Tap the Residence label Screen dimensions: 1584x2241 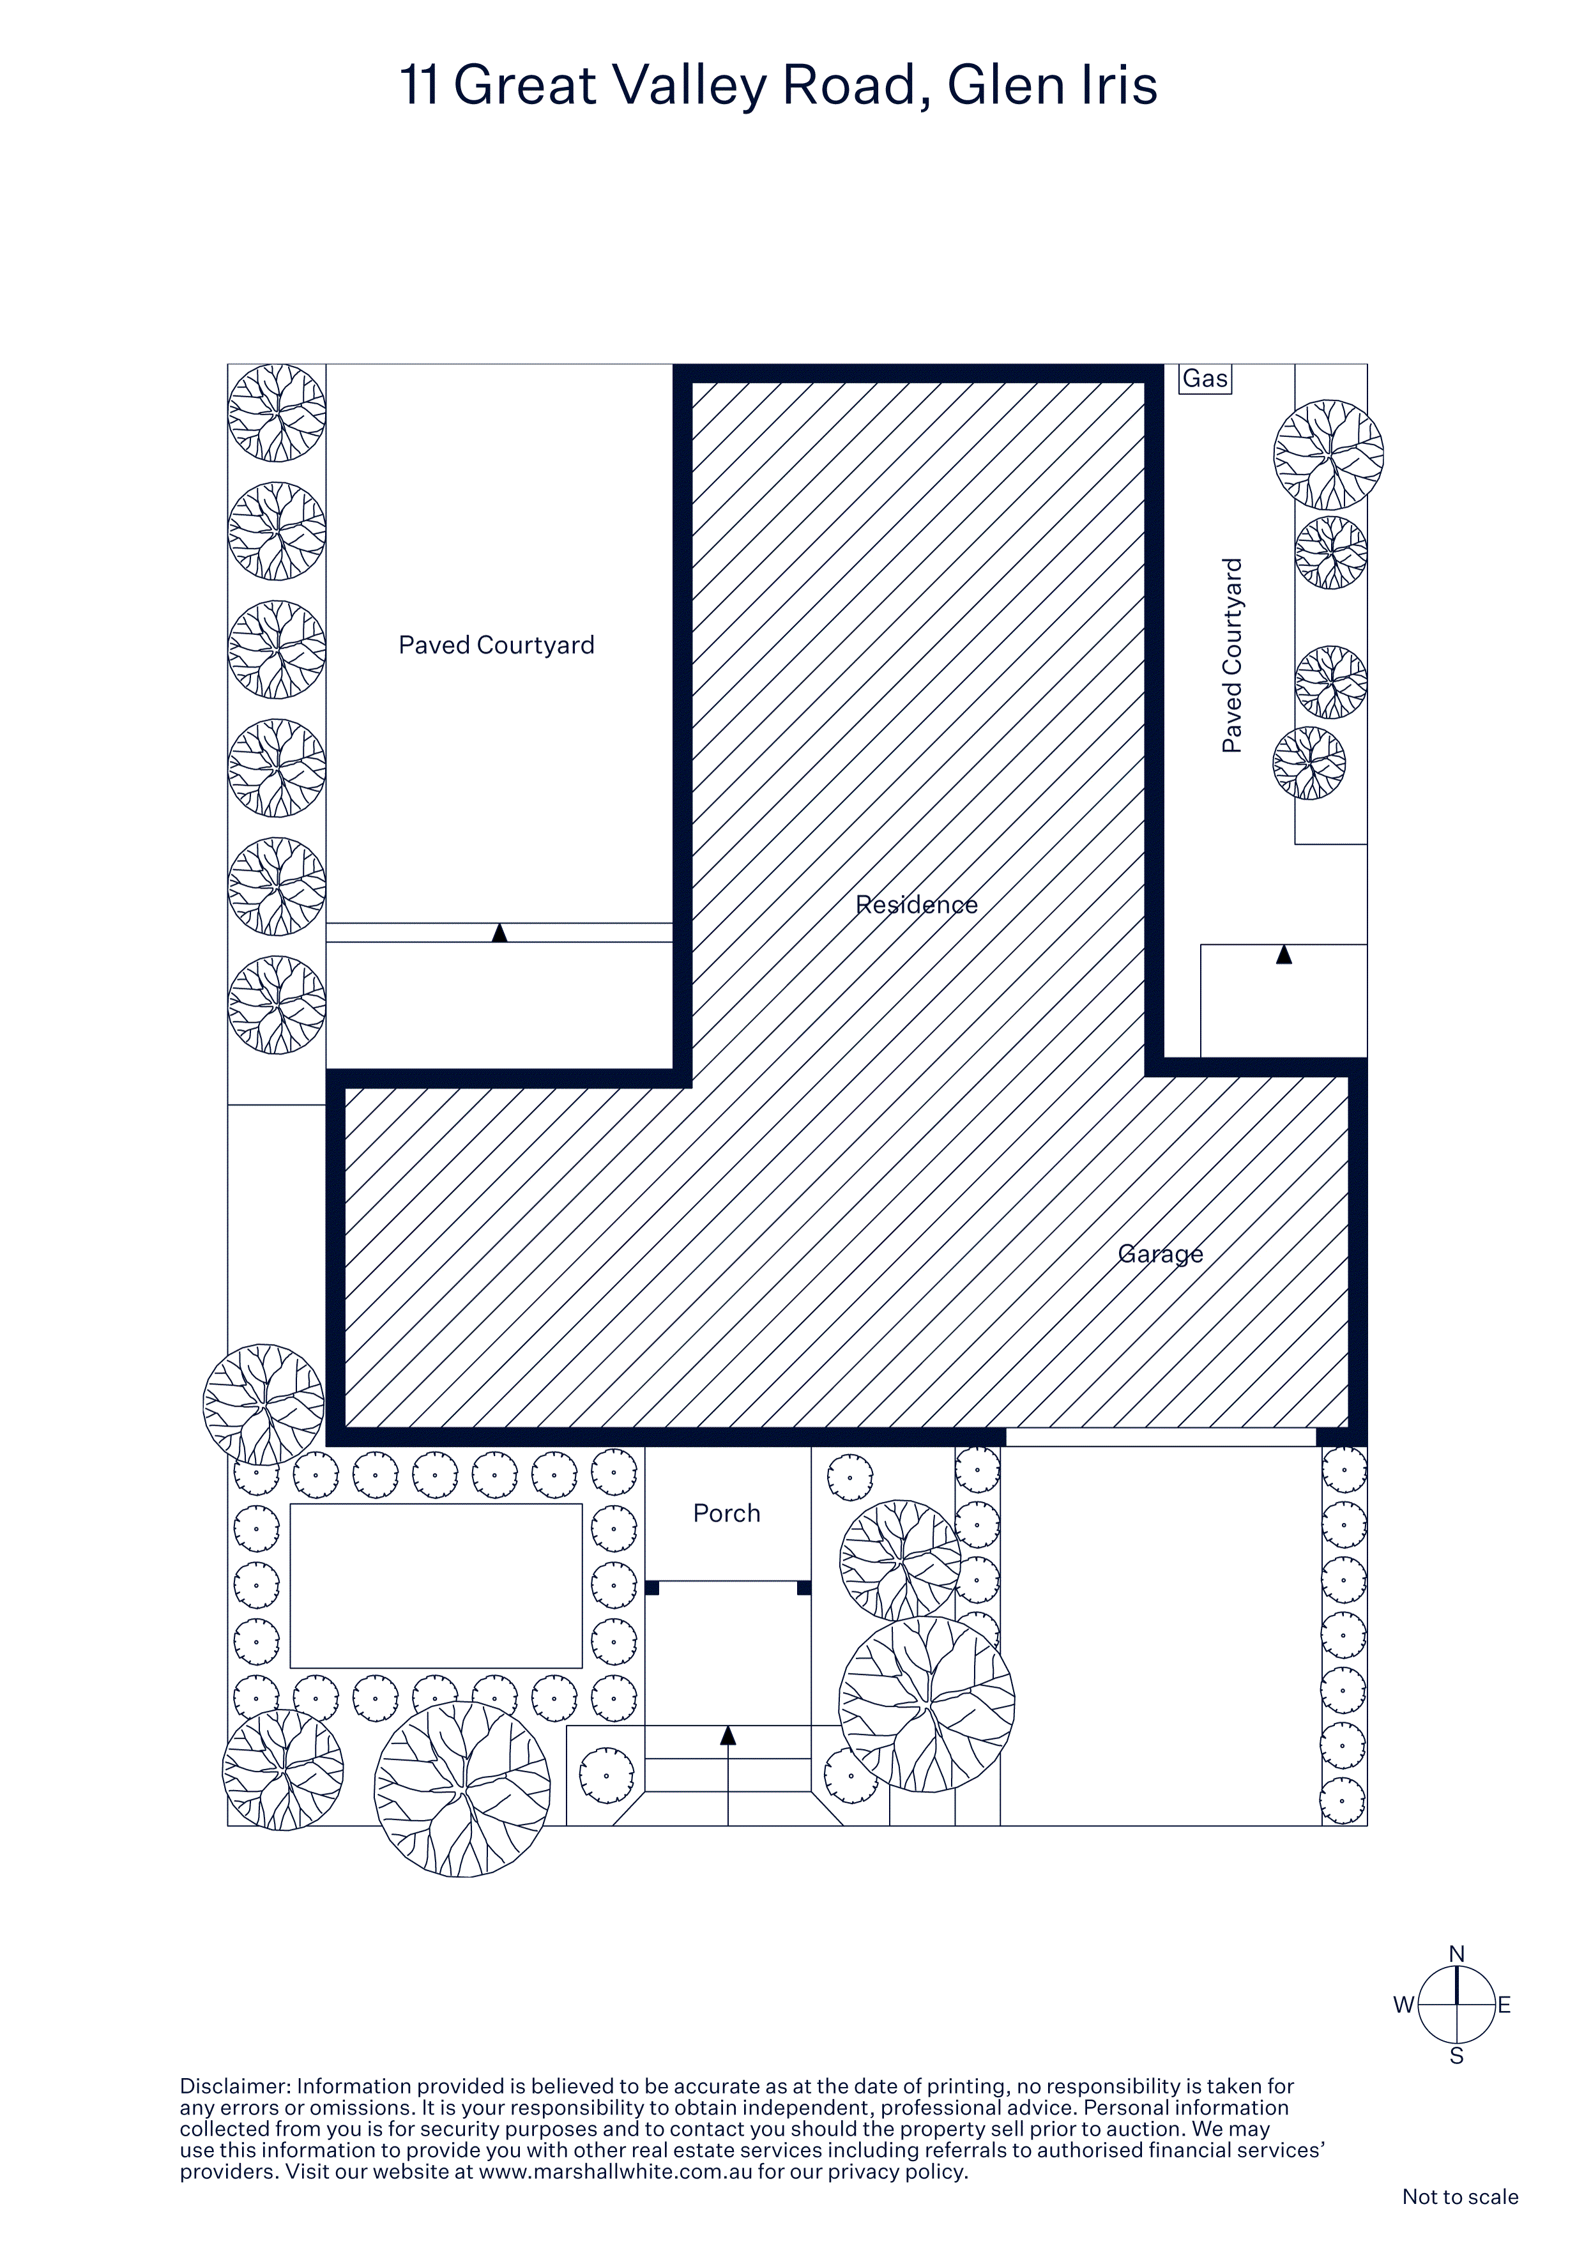tap(917, 905)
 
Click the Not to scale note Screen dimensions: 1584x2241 tap(1460, 2197)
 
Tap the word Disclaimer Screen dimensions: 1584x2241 tap(235, 2087)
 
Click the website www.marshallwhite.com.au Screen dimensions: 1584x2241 tap(616, 2173)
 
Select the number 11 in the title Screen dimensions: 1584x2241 tap(420, 85)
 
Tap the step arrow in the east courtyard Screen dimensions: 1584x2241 tap(1284, 954)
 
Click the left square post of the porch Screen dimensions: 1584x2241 tap(652, 1588)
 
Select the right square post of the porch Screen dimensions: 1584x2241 tap(804, 1588)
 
